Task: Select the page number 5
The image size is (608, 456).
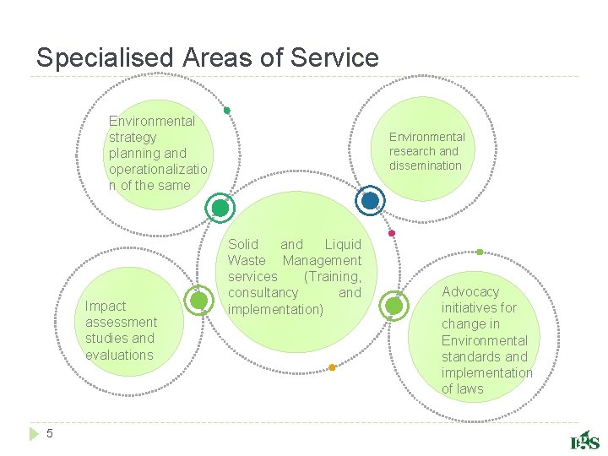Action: (50, 433)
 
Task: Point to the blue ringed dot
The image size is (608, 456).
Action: (370, 201)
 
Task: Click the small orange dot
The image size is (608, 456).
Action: (332, 367)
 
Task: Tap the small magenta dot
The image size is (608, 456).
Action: (391, 233)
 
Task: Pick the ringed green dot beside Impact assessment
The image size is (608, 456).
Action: (198, 301)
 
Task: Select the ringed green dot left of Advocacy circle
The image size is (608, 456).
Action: (394, 306)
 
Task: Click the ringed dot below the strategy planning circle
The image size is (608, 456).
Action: (220, 208)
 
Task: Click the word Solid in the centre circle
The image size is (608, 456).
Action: (243, 245)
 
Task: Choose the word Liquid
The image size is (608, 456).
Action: (342, 245)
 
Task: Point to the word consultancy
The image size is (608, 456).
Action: (263, 293)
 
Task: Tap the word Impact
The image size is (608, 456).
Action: (106, 307)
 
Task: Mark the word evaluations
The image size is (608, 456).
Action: (119, 355)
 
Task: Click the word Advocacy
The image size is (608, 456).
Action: (470, 292)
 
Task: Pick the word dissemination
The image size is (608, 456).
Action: (426, 166)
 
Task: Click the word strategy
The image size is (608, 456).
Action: (133, 137)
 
